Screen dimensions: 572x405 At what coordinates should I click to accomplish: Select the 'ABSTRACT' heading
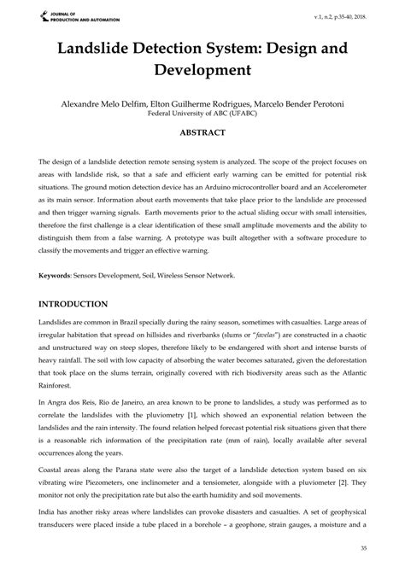pos(202,133)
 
